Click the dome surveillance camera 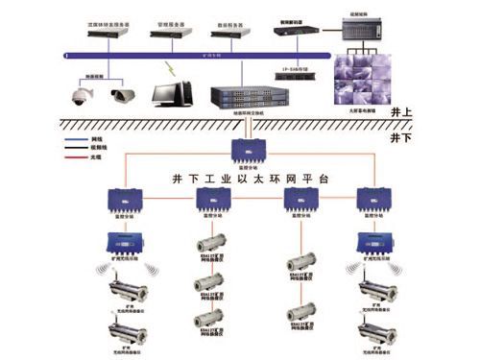tap(77, 92)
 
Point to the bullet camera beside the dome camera tap(123, 94)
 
